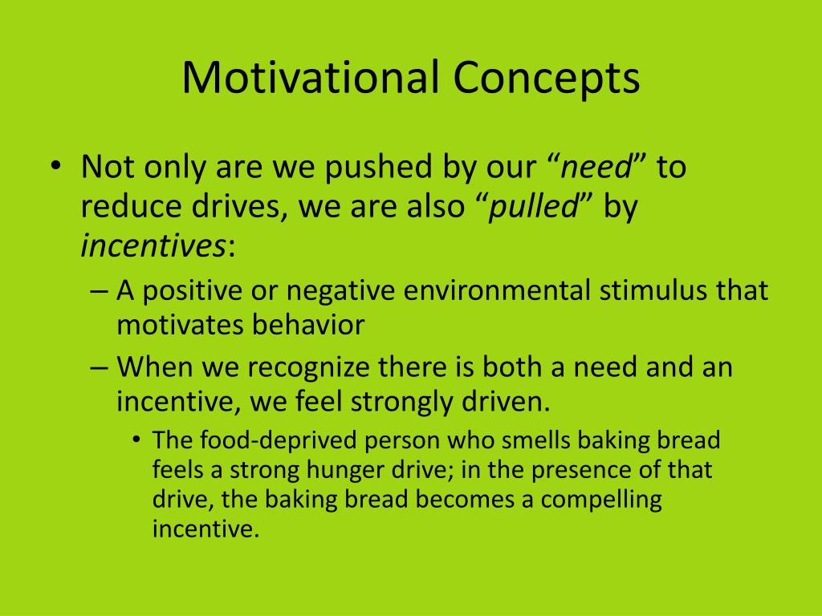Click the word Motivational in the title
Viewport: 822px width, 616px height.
(x=310, y=77)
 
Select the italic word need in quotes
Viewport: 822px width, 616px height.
(x=596, y=167)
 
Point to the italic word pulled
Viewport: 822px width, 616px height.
(x=533, y=205)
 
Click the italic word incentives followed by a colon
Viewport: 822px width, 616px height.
(x=153, y=245)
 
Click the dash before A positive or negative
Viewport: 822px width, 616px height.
(x=99, y=291)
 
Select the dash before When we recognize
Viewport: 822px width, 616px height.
(x=99, y=367)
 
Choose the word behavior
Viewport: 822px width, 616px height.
(x=308, y=325)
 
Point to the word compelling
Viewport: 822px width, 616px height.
(x=601, y=500)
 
